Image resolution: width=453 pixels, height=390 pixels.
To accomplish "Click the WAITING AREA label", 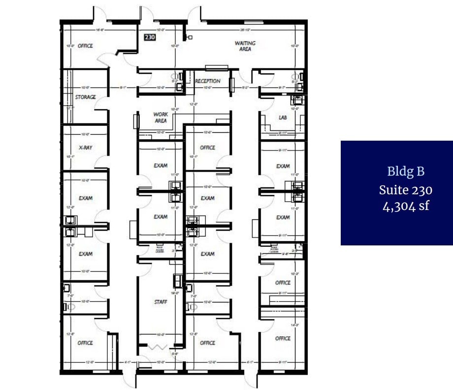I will click(x=245, y=46).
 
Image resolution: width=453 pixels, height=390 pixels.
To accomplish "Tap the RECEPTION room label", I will click(x=208, y=81).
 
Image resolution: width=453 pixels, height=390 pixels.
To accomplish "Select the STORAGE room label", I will click(x=85, y=97).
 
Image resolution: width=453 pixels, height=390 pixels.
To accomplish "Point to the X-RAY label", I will click(x=85, y=147).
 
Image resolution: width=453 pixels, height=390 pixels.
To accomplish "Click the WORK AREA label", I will click(x=161, y=117).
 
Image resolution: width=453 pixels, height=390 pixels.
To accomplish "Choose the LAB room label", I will click(x=283, y=118).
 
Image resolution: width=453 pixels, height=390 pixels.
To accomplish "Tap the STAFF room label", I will click(x=161, y=301).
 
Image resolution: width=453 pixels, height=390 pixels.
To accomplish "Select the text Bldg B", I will click(x=406, y=171).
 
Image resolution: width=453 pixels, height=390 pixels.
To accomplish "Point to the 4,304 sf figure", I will click(x=406, y=206).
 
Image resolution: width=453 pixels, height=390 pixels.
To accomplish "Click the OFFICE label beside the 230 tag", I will click(x=85, y=46).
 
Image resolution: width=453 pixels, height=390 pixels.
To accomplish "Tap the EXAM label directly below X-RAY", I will click(x=85, y=198).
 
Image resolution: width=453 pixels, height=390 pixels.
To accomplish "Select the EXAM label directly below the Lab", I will click(x=283, y=166).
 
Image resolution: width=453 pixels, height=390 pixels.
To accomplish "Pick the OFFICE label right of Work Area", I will click(x=208, y=148).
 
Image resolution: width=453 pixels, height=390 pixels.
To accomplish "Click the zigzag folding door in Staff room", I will click(x=161, y=347).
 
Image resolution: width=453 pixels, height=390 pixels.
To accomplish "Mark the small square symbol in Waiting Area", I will click(x=190, y=37).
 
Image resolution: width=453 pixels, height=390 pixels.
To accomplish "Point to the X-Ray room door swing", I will click(x=102, y=163).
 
